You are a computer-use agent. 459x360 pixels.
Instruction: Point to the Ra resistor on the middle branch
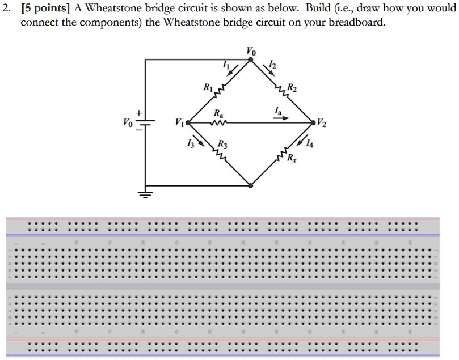pos(218,122)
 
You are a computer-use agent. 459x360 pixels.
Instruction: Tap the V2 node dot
pos(313,122)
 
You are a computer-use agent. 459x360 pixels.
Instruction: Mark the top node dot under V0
pos(251,60)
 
